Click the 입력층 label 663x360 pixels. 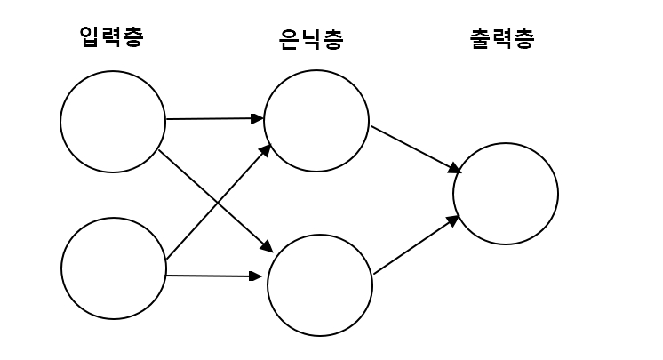pos(110,37)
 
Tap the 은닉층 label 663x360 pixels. pos(310,39)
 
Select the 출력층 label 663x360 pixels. pos(502,39)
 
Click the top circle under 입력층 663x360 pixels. pos(113,122)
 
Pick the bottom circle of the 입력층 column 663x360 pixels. pos(114,268)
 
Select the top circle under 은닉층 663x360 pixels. pos(316,122)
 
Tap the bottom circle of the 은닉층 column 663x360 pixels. pos(320,284)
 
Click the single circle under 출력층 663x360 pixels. pos(506,193)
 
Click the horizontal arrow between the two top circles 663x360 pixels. pos(213,117)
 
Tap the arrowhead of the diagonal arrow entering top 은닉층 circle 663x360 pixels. pos(266,148)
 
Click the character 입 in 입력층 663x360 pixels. pos(90,37)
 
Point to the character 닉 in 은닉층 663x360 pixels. pos(310,39)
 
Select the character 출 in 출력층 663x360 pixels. pos(481,39)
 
